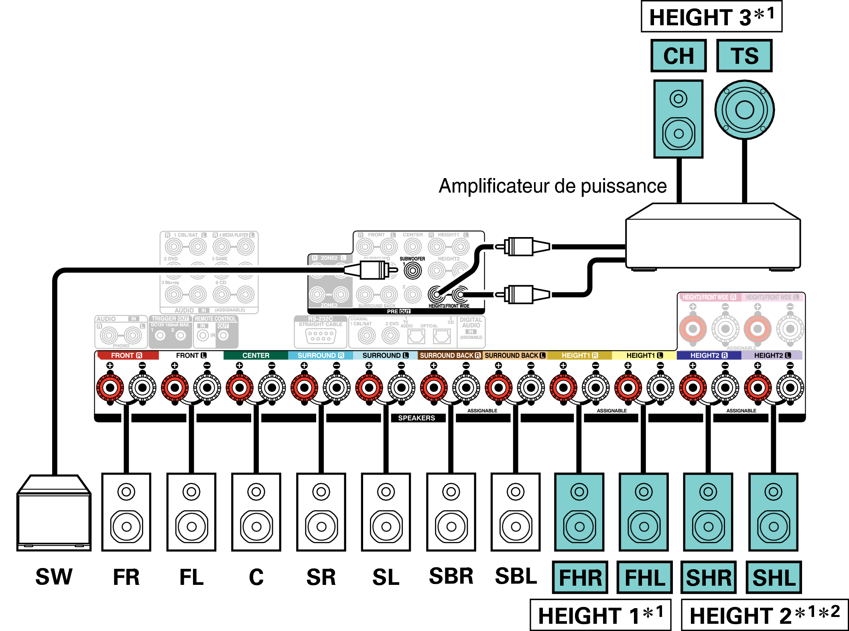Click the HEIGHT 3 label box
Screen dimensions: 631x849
point(711,17)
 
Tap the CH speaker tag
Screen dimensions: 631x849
point(678,56)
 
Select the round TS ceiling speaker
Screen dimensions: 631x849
point(745,110)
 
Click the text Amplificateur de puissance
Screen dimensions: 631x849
point(552,186)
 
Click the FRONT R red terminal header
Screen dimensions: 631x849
point(127,355)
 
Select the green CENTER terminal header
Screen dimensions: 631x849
point(256,355)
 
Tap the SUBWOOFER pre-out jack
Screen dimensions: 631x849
point(413,271)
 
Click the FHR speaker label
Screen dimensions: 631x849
point(580,577)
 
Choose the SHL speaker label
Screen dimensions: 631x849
point(774,577)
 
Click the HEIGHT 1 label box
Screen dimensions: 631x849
point(600,615)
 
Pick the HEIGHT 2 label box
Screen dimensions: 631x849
point(765,615)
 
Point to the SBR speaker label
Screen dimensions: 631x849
point(451,576)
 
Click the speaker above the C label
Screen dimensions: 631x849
point(256,512)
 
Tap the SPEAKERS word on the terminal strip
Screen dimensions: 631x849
point(416,418)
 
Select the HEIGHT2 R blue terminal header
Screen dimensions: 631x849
point(709,355)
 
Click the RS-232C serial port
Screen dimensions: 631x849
point(321,335)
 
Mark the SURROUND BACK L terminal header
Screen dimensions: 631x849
point(515,355)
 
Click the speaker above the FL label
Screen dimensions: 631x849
point(191,512)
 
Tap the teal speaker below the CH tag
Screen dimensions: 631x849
point(678,119)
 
